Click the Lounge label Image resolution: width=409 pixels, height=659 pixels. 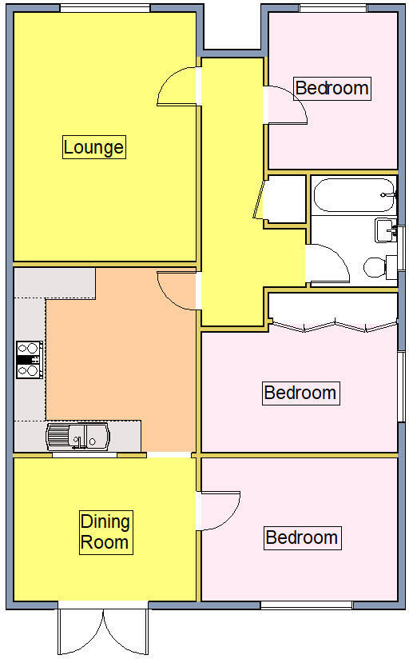pos(93,147)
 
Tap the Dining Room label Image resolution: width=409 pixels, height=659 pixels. pos(105,532)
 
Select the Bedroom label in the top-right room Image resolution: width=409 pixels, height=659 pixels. pos(332,87)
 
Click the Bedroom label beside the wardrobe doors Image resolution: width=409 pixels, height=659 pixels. pos(300,393)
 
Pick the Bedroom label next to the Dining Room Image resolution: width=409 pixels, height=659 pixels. pos(302,537)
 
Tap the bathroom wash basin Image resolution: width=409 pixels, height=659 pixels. pos(386,230)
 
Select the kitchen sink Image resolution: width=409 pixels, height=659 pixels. pos(77,436)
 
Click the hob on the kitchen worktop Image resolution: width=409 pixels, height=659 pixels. pos(30,359)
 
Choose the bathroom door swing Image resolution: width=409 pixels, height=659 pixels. pos(328,264)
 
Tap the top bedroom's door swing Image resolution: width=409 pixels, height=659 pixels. pos(285,105)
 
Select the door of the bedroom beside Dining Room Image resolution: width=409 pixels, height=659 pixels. pos(219,510)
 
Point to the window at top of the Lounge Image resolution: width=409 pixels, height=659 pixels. pos(105,8)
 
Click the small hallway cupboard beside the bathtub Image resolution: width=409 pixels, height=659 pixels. pos(283,199)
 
